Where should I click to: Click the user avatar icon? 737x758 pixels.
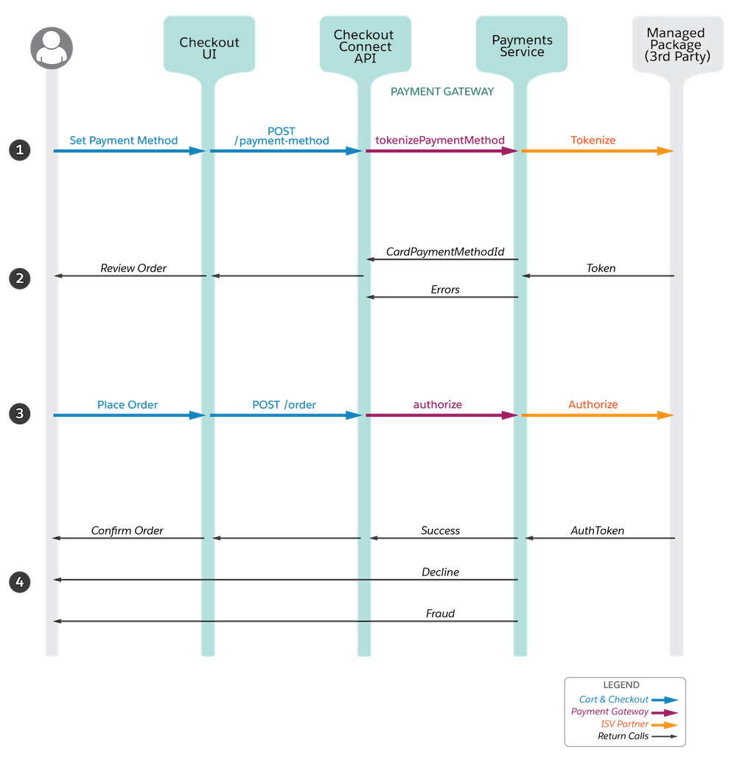click(x=52, y=48)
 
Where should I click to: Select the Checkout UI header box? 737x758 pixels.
click(x=209, y=44)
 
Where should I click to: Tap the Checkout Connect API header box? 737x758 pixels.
click(x=366, y=44)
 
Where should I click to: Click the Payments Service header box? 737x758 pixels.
click(x=522, y=44)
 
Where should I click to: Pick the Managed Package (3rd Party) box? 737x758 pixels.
click(x=677, y=44)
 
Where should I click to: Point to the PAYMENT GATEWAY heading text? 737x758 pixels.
click(x=442, y=91)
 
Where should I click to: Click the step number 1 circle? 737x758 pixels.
click(x=20, y=150)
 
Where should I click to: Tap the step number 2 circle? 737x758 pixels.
click(x=20, y=278)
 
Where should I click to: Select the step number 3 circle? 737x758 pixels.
click(x=20, y=414)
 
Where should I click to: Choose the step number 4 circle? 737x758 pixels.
click(x=20, y=581)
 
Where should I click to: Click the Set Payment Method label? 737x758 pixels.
click(x=123, y=140)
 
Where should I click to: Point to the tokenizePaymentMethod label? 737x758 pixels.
click(x=440, y=140)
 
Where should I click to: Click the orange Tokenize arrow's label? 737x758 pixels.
click(x=593, y=140)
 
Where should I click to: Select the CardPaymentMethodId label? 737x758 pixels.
click(x=445, y=251)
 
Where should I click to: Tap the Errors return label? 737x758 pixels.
click(x=445, y=289)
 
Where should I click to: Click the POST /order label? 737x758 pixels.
click(x=284, y=404)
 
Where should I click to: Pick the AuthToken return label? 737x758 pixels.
click(x=597, y=530)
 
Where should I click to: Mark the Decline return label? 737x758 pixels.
click(x=440, y=572)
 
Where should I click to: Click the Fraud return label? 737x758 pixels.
click(x=440, y=614)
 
